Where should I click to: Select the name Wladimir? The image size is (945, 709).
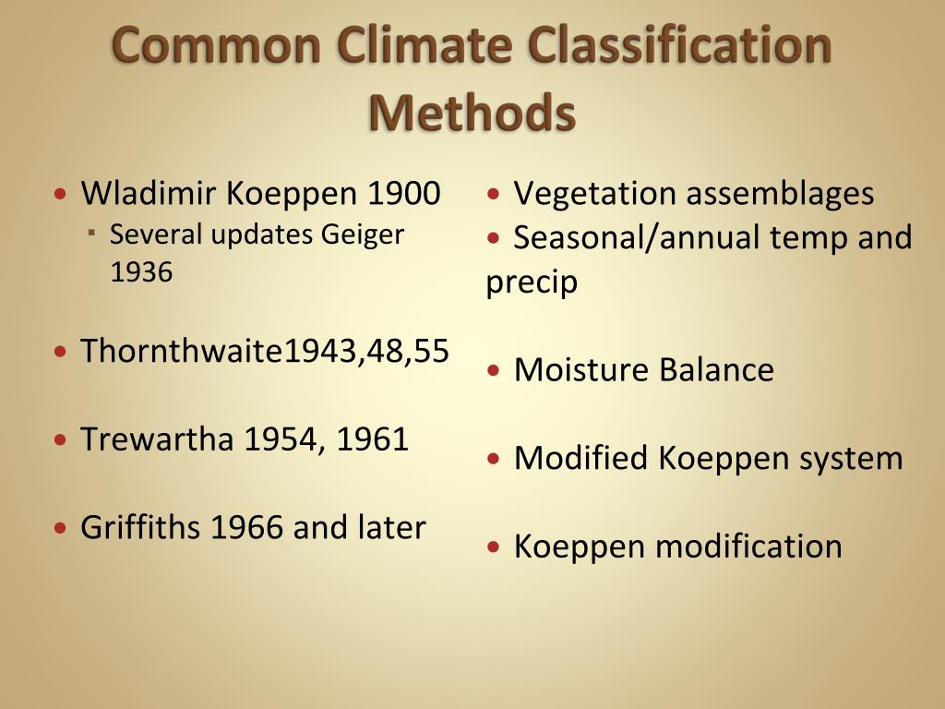coord(148,194)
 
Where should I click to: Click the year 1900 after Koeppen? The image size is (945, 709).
coord(403,194)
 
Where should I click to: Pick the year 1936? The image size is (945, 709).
coord(140,272)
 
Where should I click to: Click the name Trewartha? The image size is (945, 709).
coord(156,439)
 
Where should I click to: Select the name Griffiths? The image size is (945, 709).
coord(140,527)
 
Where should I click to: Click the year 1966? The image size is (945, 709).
coord(247,527)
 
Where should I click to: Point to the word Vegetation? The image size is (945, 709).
coord(582,194)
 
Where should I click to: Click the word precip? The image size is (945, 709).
coord(532,282)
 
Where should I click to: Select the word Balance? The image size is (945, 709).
coord(716,370)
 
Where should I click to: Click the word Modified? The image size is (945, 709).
coord(580,458)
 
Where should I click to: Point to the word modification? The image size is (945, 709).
coord(748,546)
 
